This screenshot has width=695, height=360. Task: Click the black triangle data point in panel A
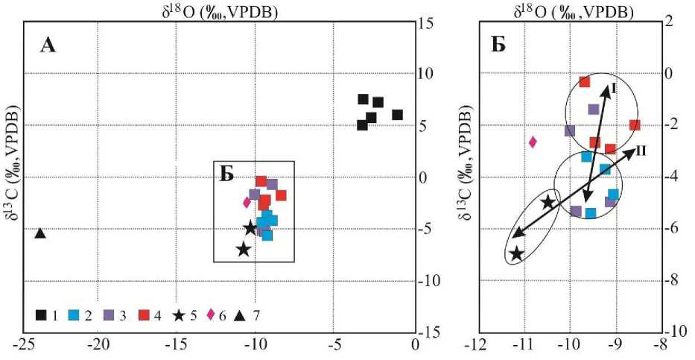click(41, 233)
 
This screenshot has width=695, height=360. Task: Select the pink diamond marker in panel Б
click(533, 142)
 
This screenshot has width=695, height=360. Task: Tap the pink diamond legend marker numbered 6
click(212, 316)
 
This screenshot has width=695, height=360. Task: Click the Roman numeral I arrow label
click(613, 89)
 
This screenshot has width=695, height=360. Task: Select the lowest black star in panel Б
click(516, 254)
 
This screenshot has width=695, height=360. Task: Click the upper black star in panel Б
click(548, 202)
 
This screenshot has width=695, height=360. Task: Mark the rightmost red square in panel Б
click(635, 125)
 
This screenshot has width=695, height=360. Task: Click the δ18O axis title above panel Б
click(573, 11)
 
